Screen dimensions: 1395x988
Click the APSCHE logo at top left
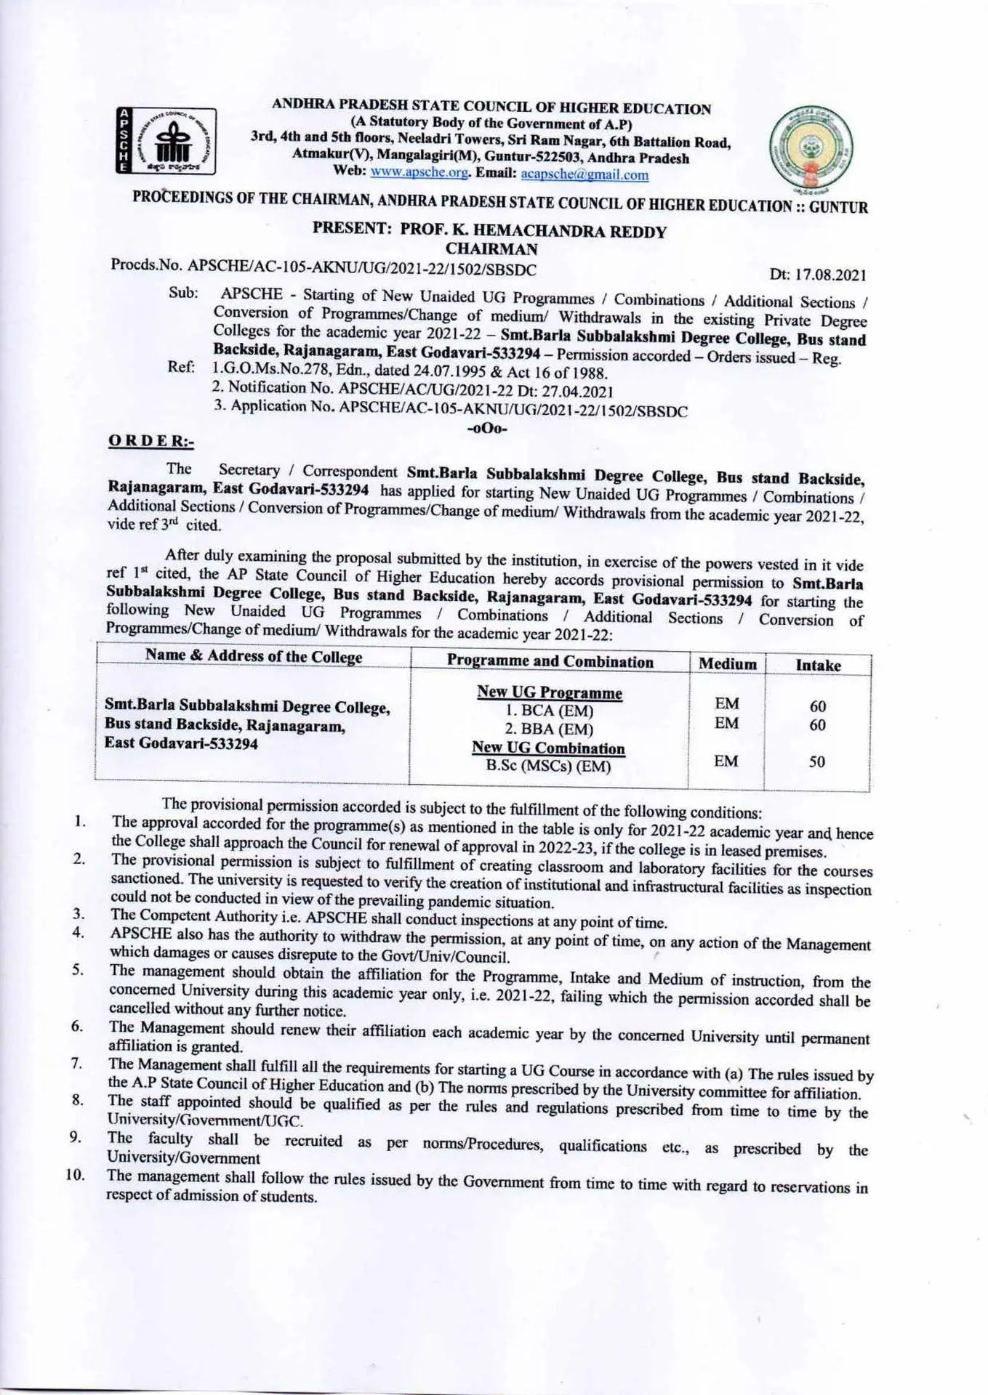click(166, 141)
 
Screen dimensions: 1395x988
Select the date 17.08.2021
click(818, 274)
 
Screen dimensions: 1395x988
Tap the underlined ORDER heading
click(150, 440)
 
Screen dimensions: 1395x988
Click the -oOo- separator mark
click(488, 429)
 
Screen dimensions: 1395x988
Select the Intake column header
click(818, 665)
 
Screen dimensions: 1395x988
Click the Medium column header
click(727, 663)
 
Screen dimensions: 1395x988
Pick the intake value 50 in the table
click(817, 761)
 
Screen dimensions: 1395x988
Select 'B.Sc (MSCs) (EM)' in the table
click(548, 766)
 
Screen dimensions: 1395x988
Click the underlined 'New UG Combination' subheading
click(548, 748)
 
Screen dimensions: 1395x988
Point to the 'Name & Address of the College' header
click(254, 656)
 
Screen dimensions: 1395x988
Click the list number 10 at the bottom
click(76, 1175)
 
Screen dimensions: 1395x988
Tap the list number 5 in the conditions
click(78, 969)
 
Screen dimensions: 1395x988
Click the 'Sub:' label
click(183, 293)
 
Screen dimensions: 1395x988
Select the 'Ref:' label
click(181, 367)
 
